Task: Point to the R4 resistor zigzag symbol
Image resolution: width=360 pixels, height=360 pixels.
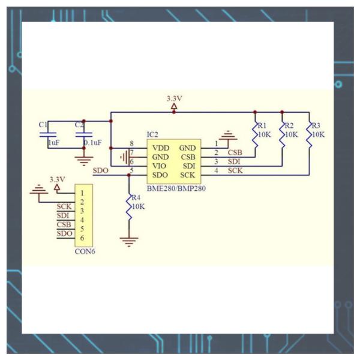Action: click(x=129, y=208)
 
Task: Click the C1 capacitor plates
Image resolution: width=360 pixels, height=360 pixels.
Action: click(x=48, y=134)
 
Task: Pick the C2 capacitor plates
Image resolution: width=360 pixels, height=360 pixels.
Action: click(x=84, y=134)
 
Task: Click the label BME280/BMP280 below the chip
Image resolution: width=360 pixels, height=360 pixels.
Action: click(x=176, y=189)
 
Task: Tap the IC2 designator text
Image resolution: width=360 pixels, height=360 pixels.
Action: click(x=152, y=134)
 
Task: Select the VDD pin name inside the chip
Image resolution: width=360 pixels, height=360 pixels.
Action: click(x=161, y=148)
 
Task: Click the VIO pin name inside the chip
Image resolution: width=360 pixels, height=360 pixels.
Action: click(x=159, y=166)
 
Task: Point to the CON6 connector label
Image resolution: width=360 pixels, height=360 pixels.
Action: click(x=85, y=251)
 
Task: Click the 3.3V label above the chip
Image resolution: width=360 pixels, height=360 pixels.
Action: click(x=174, y=99)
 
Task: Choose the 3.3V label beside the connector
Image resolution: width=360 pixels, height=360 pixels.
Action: click(x=58, y=179)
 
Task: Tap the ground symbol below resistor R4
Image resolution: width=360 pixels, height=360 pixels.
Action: click(x=129, y=242)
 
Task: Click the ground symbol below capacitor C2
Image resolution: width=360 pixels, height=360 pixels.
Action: click(x=84, y=161)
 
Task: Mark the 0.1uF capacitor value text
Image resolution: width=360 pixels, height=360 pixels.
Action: click(x=92, y=143)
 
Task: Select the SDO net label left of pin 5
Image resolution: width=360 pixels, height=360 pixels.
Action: click(x=101, y=170)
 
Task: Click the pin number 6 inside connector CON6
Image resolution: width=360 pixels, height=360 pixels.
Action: click(x=82, y=238)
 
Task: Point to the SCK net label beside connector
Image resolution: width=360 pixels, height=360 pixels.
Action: click(x=64, y=206)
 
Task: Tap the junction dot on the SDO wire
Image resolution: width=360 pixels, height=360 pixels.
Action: click(x=129, y=175)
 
